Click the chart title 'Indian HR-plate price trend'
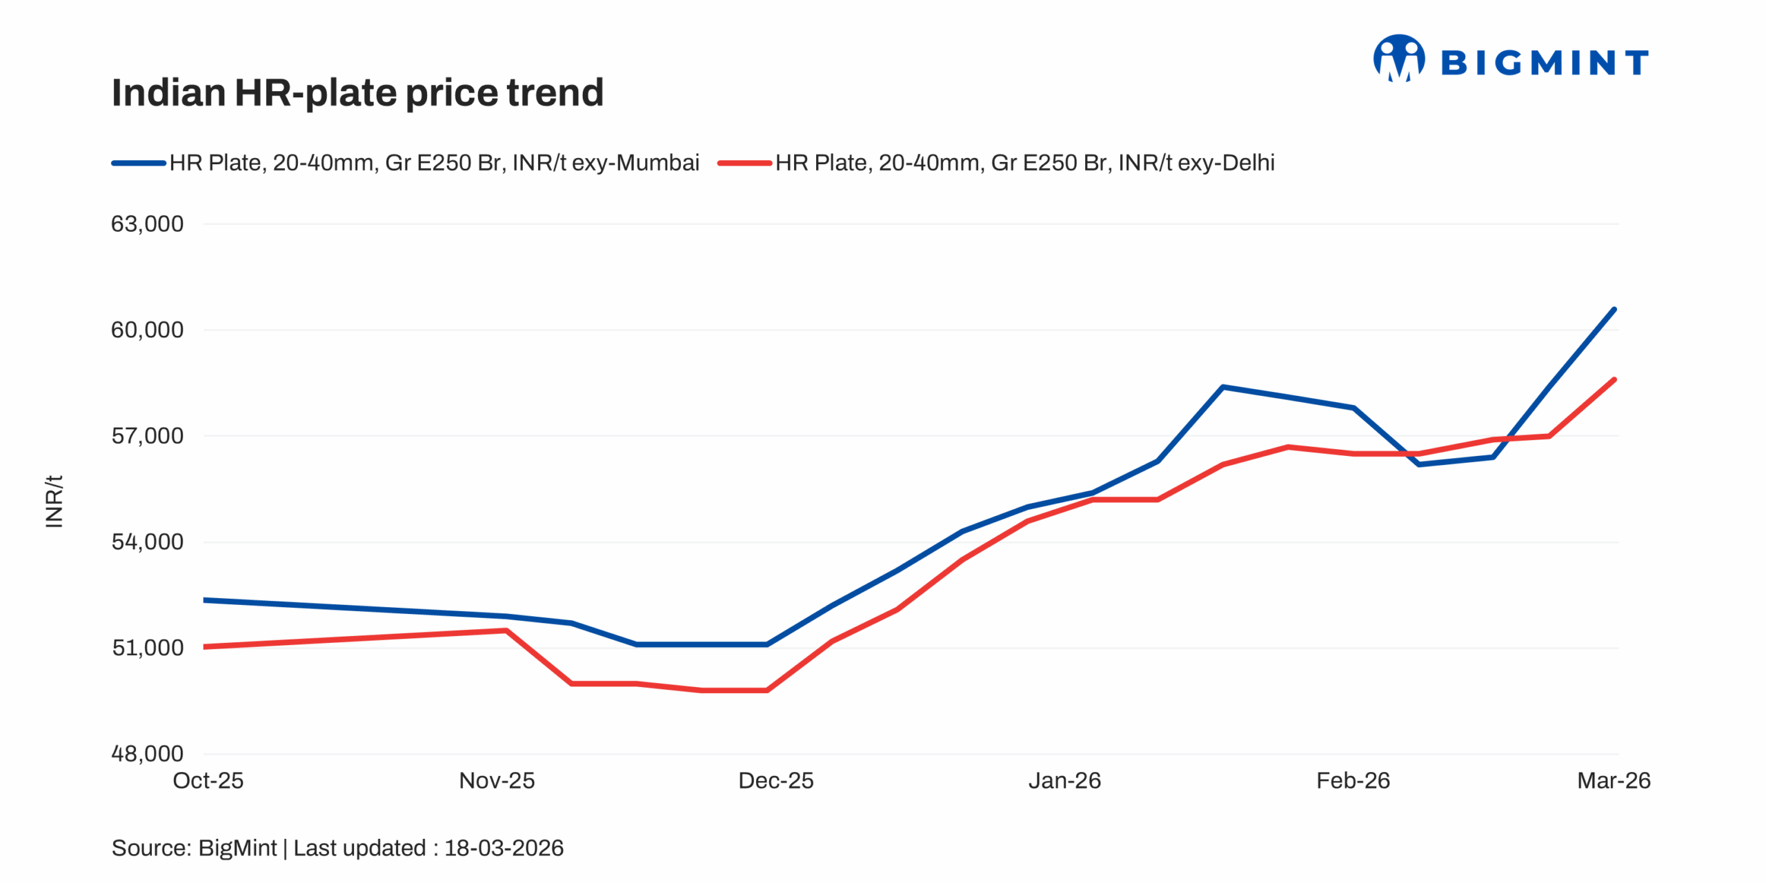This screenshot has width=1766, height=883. click(357, 92)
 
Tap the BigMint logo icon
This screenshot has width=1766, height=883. click(1398, 59)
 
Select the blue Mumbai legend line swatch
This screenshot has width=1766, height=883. click(139, 163)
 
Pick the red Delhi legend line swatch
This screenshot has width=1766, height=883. click(744, 163)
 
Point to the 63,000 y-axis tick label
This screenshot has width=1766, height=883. click(147, 224)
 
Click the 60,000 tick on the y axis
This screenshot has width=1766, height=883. click(147, 330)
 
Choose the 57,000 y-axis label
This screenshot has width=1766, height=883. click(147, 436)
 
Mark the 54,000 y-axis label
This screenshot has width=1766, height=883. click(147, 542)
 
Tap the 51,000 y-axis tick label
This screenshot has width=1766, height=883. click(147, 648)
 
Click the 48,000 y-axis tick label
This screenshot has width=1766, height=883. click(147, 753)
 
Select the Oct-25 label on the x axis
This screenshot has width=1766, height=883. click(208, 781)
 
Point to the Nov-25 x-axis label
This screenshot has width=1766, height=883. click(497, 781)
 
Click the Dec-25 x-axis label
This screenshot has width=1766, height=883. click(775, 781)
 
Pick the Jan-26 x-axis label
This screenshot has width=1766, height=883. click(1064, 781)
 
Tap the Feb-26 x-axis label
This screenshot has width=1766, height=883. click(1353, 781)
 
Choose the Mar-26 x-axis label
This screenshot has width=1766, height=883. click(1614, 781)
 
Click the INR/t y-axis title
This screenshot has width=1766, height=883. click(54, 502)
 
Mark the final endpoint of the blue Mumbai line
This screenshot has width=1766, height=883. click(1614, 309)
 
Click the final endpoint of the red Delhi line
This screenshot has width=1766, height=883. click(1614, 379)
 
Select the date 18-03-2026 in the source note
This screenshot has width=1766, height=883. click(504, 848)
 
